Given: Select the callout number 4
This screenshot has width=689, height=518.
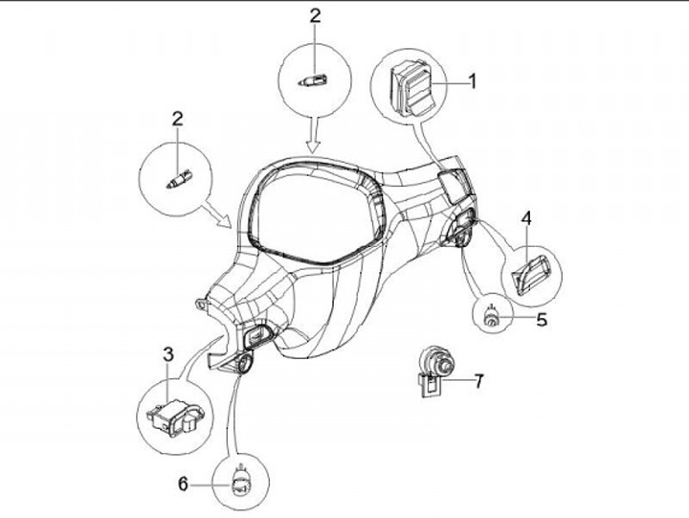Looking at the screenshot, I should [527, 219].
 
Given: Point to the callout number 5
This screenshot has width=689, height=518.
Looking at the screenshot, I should [542, 320].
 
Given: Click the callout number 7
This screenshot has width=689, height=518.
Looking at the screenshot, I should [478, 380].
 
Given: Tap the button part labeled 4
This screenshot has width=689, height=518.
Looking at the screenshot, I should [530, 271].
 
